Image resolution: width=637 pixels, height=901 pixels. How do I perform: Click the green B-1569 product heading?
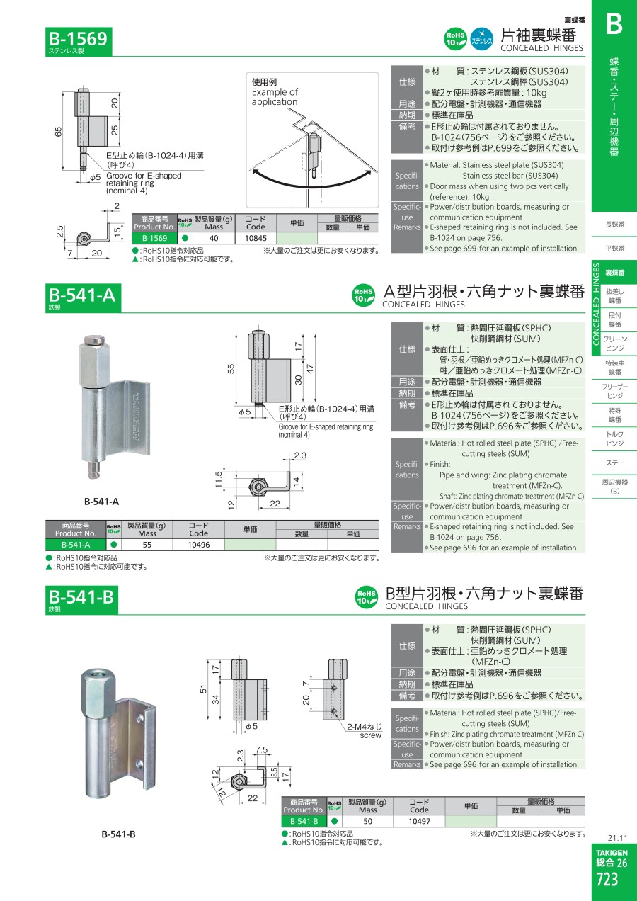coord(79,41)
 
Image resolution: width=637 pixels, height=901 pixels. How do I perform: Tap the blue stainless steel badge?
coord(481,39)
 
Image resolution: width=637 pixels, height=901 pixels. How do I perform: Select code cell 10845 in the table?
coord(256,238)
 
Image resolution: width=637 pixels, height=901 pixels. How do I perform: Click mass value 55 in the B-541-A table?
coord(147,545)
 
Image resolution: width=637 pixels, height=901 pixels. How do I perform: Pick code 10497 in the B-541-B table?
coord(419,821)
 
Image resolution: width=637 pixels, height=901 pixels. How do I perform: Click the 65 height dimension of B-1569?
coord(59,132)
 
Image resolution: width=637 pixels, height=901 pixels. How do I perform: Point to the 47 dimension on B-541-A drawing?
coord(310,369)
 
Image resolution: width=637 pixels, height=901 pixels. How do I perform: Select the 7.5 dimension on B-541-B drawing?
coord(261,749)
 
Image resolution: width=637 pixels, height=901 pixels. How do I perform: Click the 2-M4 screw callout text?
coord(365,731)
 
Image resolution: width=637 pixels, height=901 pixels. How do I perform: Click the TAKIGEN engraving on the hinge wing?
coord(136,416)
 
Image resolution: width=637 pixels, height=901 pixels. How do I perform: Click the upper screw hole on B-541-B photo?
coord(139,717)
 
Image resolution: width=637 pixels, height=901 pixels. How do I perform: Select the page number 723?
coord(607,880)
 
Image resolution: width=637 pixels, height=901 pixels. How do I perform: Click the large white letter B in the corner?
coord(614,24)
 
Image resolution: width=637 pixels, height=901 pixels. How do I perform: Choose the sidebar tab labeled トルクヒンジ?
coord(614,438)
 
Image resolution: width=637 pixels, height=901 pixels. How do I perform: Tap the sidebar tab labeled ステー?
coord(614,463)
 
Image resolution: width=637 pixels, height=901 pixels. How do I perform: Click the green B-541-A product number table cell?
coord(76,545)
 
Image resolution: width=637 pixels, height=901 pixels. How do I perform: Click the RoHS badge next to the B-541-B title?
coord(366,597)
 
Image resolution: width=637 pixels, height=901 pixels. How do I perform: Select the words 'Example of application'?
coord(275,96)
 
